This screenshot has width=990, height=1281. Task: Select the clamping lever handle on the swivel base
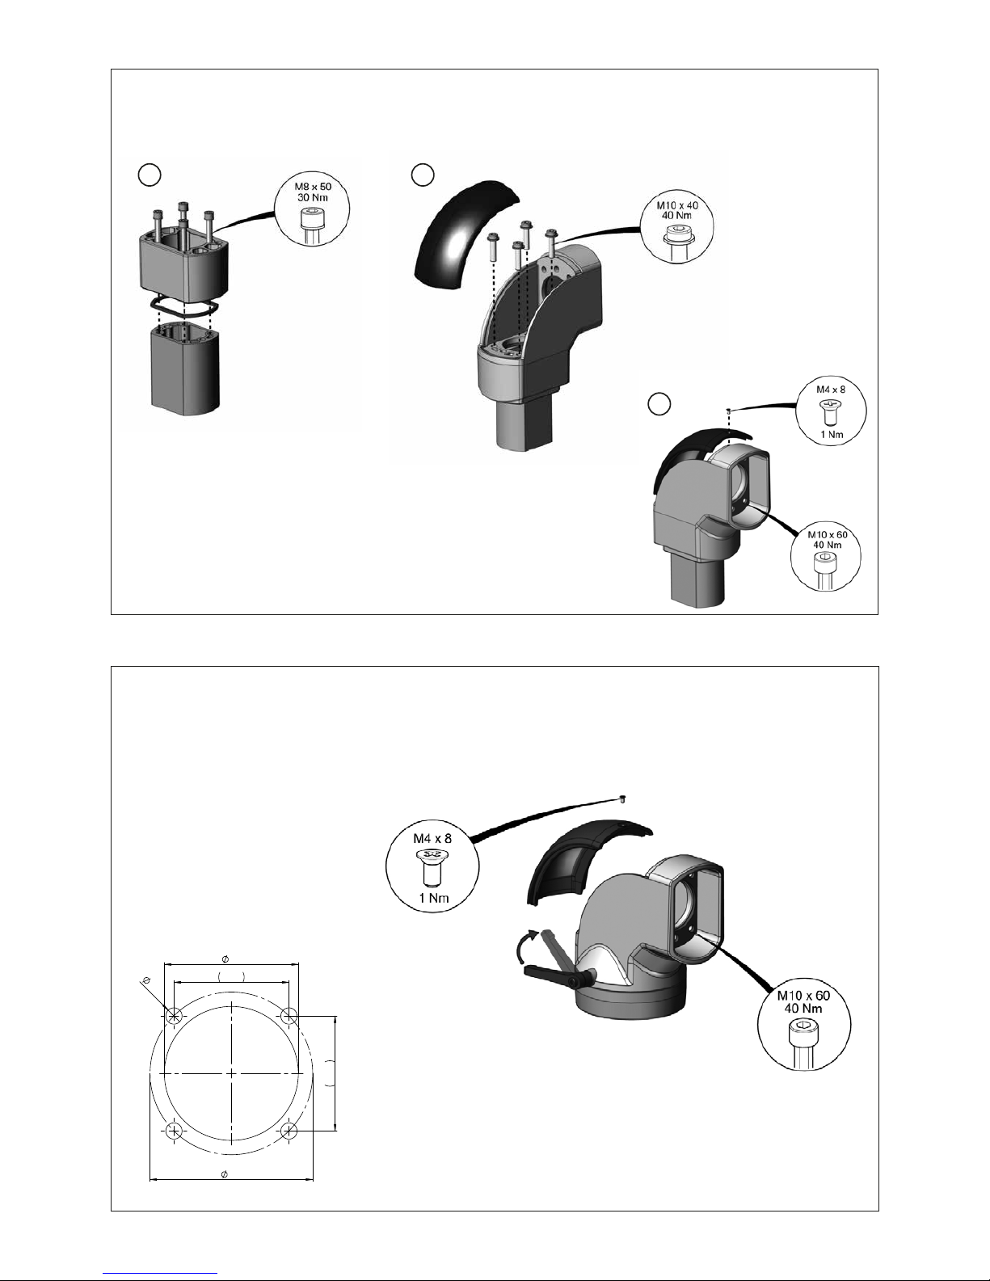[550, 975]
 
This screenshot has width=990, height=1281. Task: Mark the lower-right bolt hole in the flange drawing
[289, 1131]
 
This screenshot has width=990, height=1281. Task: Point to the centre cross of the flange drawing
[232, 1072]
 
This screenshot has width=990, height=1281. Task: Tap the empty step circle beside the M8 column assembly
[149, 174]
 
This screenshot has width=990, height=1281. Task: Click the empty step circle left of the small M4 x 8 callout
[660, 404]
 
